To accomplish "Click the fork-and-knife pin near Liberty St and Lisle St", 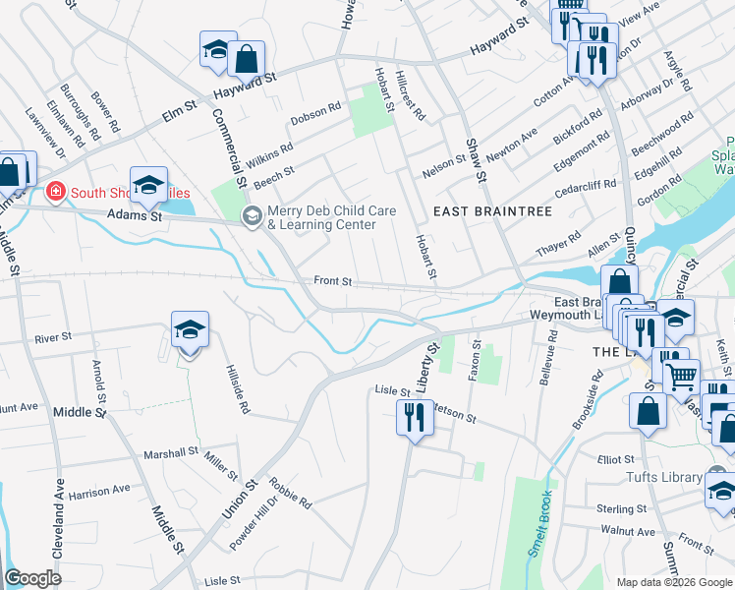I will pos(414,419).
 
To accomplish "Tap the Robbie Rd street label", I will pos(292,495).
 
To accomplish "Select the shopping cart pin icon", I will pos(681,375).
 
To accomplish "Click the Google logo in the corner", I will pos(33,578).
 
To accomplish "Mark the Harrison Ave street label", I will pos(99,490).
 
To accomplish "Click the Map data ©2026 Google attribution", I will pos(673,582).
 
